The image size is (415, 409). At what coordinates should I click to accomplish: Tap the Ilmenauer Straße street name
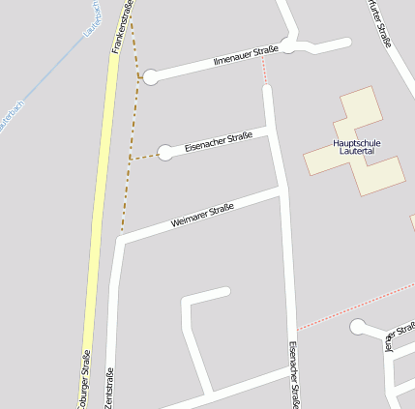[x=246, y=56]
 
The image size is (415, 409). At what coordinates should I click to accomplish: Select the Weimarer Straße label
[x=202, y=216]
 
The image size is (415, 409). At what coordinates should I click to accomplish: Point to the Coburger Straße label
[x=85, y=383]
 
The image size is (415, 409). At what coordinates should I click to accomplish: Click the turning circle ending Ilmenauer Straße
[x=150, y=78]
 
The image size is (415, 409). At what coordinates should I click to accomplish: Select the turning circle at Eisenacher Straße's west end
[x=166, y=152]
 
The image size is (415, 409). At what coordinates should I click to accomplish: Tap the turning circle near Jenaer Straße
[x=358, y=327]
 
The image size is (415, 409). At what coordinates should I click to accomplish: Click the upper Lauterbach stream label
[x=92, y=17]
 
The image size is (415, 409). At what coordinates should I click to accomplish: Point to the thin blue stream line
[x=48, y=77]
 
